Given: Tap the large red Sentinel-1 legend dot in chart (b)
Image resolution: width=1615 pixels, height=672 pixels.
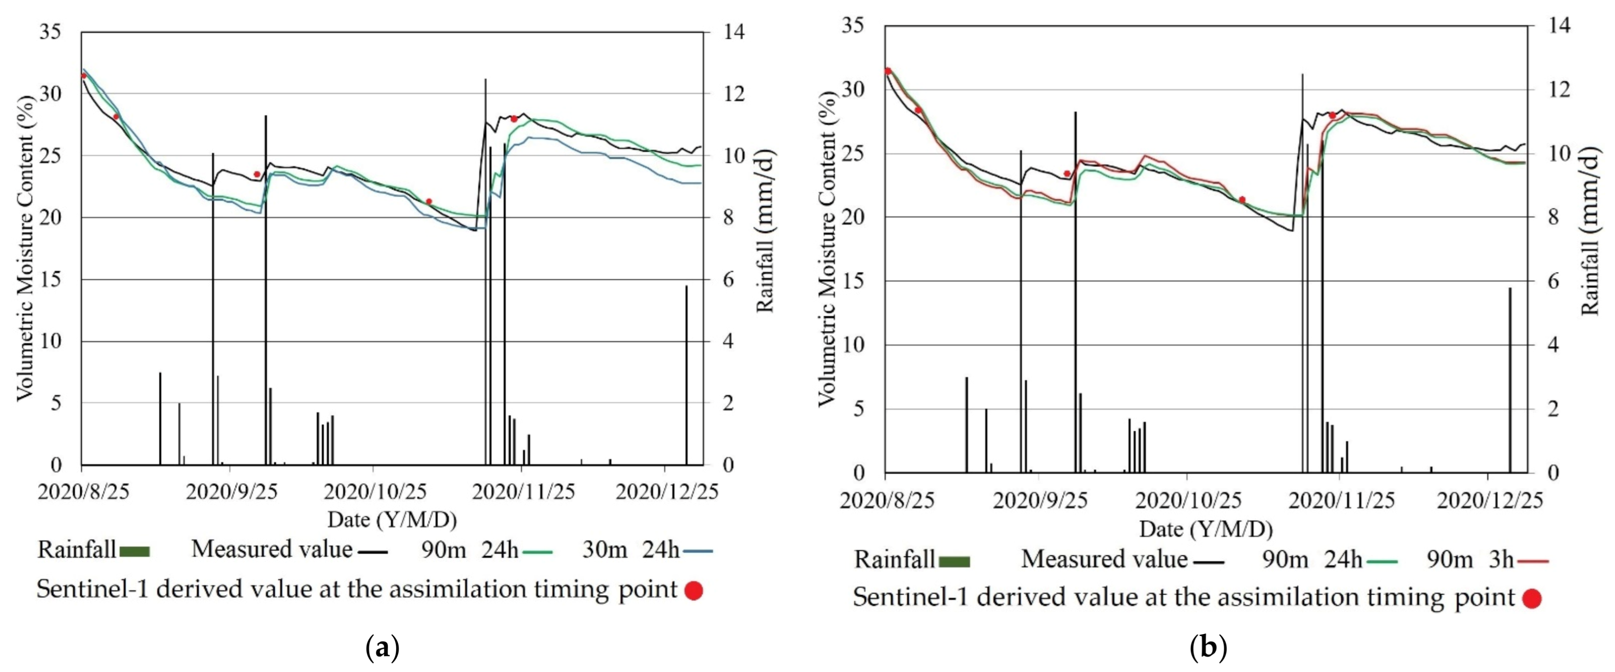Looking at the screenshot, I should (1532, 599).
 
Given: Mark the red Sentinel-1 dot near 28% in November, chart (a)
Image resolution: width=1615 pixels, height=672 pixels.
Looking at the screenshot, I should (514, 119).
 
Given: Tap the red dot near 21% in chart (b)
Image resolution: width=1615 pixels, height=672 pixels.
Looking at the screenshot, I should (1242, 199).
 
